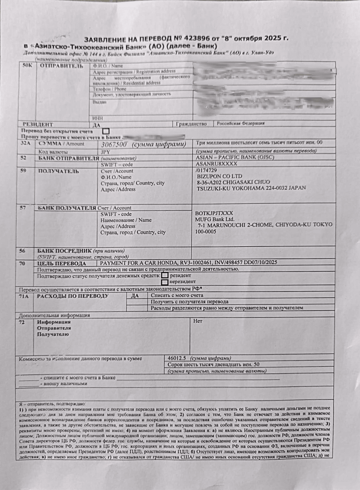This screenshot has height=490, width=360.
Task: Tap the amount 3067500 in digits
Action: coord(114,144)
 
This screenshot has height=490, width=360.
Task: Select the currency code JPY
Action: coord(105,152)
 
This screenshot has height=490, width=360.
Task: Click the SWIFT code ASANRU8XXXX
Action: coord(216,164)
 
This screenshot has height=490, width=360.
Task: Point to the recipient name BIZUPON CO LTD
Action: coord(220,176)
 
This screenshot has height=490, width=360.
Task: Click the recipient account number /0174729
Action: coord(206,170)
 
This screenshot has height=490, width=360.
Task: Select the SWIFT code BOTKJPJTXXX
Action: coord(214,213)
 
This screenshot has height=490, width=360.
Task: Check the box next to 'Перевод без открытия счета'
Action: coord(106,131)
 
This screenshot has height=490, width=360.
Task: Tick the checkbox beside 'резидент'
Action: coord(165,276)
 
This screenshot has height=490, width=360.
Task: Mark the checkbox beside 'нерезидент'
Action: coord(165,282)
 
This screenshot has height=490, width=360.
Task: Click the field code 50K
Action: coord(28,66)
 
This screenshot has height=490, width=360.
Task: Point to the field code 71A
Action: coord(24,296)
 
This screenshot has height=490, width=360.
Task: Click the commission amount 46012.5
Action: coord(177,358)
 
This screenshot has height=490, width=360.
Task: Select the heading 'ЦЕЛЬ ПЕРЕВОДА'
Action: coord(57,263)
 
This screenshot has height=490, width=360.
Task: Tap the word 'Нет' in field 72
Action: coord(198,321)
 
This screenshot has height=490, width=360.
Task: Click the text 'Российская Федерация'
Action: coord(241,123)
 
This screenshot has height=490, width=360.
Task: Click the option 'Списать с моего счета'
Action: coord(177,295)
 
